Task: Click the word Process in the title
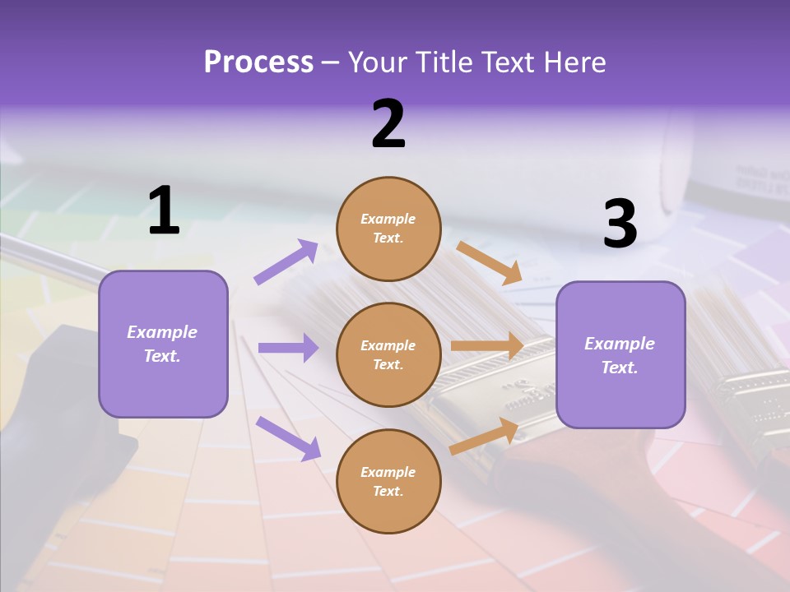pyautogui.click(x=258, y=62)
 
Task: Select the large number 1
pyautogui.click(x=164, y=211)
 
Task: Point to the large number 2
pyautogui.click(x=388, y=124)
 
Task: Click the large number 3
pyautogui.click(x=620, y=224)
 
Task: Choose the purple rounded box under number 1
pyautogui.click(x=163, y=344)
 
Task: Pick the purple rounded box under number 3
pyautogui.click(x=620, y=354)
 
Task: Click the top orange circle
pyautogui.click(x=388, y=229)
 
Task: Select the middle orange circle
pyautogui.click(x=388, y=354)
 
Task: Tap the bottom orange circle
pyautogui.click(x=388, y=481)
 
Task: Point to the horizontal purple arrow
pyautogui.click(x=288, y=348)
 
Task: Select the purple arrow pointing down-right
pyautogui.click(x=288, y=437)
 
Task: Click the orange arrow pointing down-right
pyautogui.click(x=489, y=263)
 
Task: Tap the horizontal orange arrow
pyautogui.click(x=487, y=346)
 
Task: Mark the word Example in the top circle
pyautogui.click(x=388, y=219)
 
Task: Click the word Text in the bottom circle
pyautogui.click(x=387, y=491)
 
